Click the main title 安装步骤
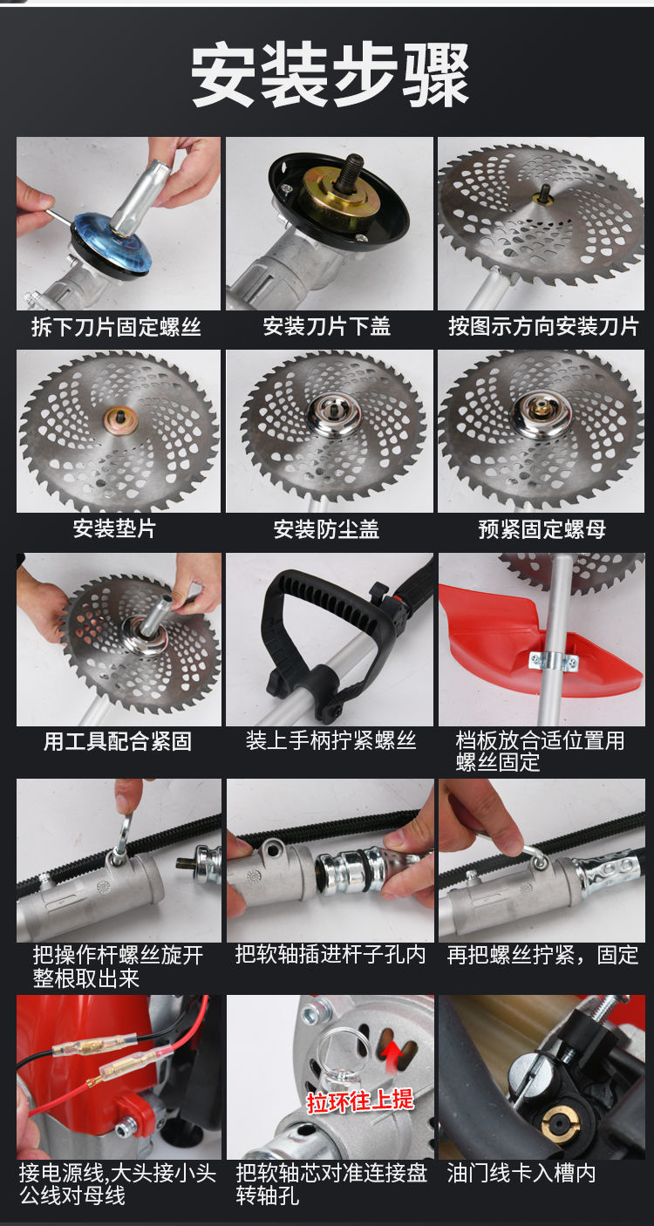(330, 75)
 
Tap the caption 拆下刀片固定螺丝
(116, 327)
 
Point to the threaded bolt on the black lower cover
(348, 173)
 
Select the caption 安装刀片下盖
(327, 327)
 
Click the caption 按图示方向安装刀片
(543, 327)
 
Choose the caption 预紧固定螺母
(542, 529)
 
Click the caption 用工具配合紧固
(118, 741)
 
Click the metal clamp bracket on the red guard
(554, 661)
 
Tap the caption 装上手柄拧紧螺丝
(330, 740)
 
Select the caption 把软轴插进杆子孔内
(330, 954)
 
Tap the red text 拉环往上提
(359, 1100)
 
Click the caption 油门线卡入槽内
(521, 1173)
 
